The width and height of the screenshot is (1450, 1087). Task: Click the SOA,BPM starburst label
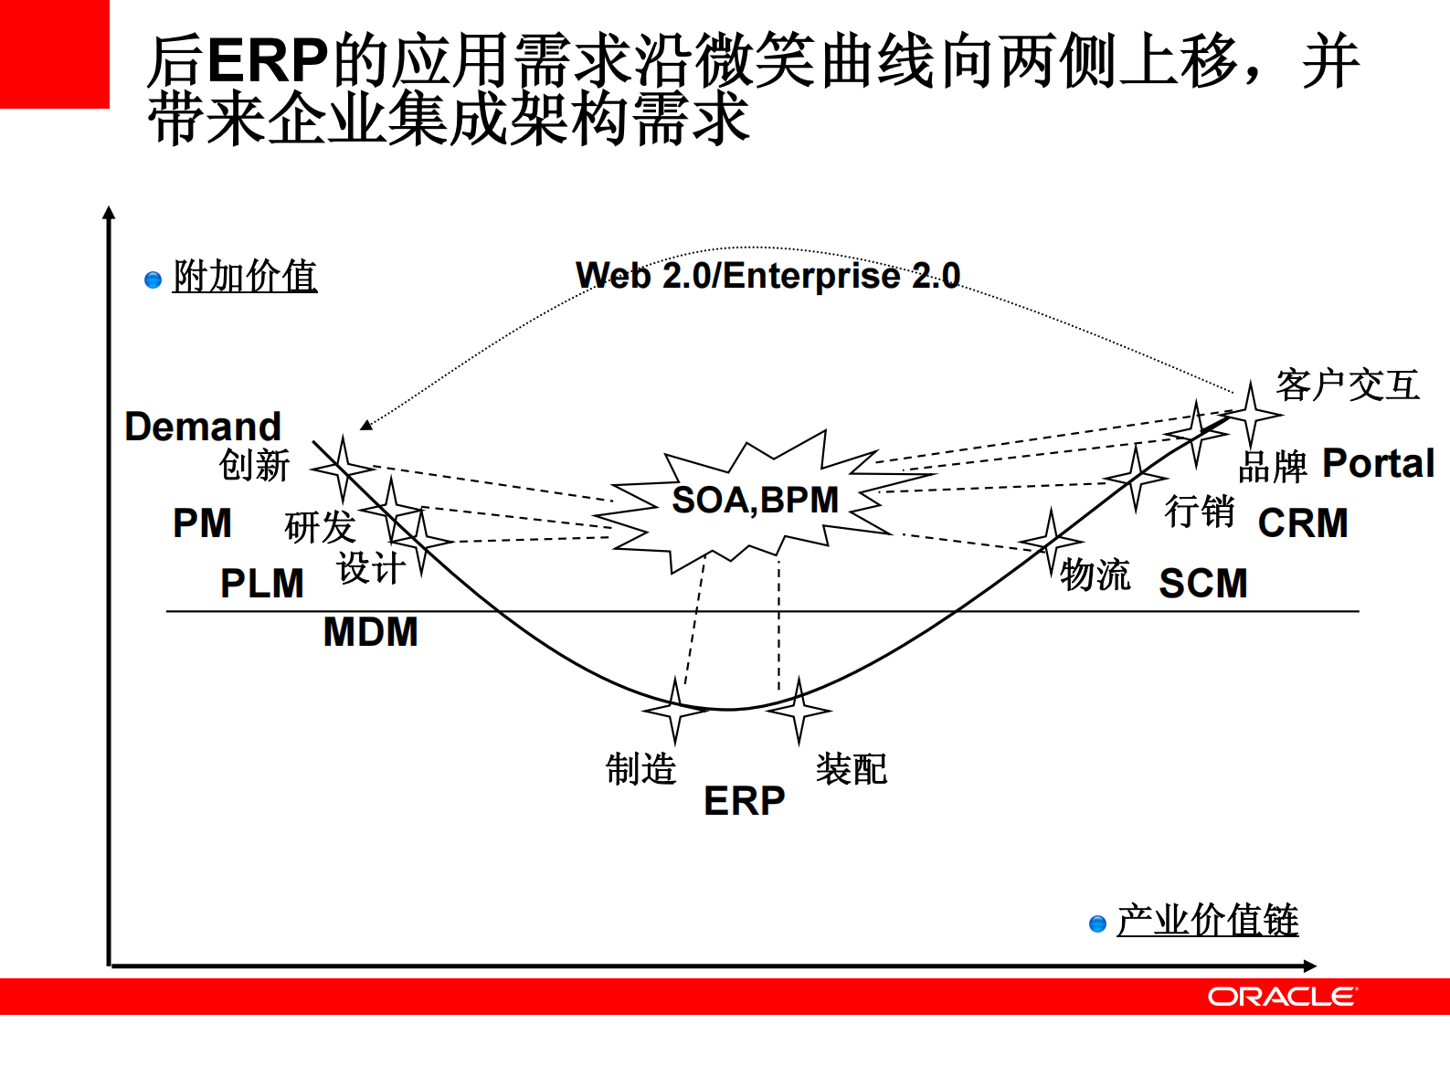tap(755, 501)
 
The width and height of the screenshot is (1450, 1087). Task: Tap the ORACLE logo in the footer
tap(1282, 997)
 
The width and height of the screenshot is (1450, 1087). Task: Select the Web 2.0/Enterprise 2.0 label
tap(767, 275)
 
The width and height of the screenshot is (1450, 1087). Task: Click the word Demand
tap(203, 427)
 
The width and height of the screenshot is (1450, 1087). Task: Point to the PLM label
tap(262, 584)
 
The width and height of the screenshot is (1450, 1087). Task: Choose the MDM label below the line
tap(371, 632)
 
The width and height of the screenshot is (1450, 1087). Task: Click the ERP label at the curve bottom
tap(744, 801)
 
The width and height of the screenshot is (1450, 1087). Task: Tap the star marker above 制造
tap(675, 710)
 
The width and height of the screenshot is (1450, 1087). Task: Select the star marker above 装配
tap(799, 710)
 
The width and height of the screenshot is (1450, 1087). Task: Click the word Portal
tap(1379, 463)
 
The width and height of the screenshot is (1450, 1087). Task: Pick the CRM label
tap(1303, 523)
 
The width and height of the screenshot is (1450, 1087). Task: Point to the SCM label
tap(1203, 584)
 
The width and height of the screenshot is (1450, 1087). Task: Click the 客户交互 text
tap(1348, 385)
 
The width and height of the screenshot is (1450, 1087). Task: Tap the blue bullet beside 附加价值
tap(153, 280)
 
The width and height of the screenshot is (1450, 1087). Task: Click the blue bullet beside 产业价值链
tap(1098, 924)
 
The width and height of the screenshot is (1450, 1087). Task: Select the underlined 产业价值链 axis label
tap(1207, 920)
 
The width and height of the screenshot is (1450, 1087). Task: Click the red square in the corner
tap(54, 53)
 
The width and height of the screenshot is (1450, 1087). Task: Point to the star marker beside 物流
tap(1051, 542)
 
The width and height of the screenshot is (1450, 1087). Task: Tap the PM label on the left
tap(202, 523)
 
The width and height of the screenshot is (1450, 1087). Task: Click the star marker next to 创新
tap(343, 469)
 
